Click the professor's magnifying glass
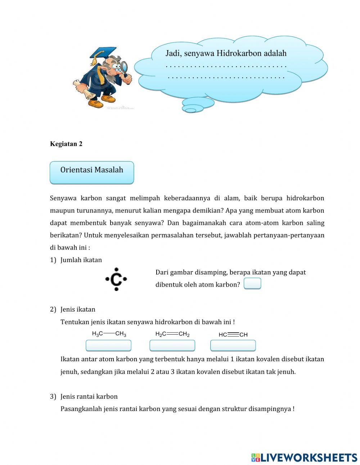coord(125,67)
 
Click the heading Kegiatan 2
coord(66,144)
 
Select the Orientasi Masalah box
coord(92,172)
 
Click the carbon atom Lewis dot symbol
coord(116,279)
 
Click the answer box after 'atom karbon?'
coord(252,284)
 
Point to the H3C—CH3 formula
coord(109,334)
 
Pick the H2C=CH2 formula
coord(172,334)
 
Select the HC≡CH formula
coord(233,335)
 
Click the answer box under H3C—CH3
coord(108,346)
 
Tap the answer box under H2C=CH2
coord(172,346)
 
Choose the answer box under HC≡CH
coord(233,346)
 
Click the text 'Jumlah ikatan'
coord(81,260)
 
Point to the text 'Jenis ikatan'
coord(78,309)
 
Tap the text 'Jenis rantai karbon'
coord(89,397)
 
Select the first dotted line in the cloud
coord(226,67)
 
